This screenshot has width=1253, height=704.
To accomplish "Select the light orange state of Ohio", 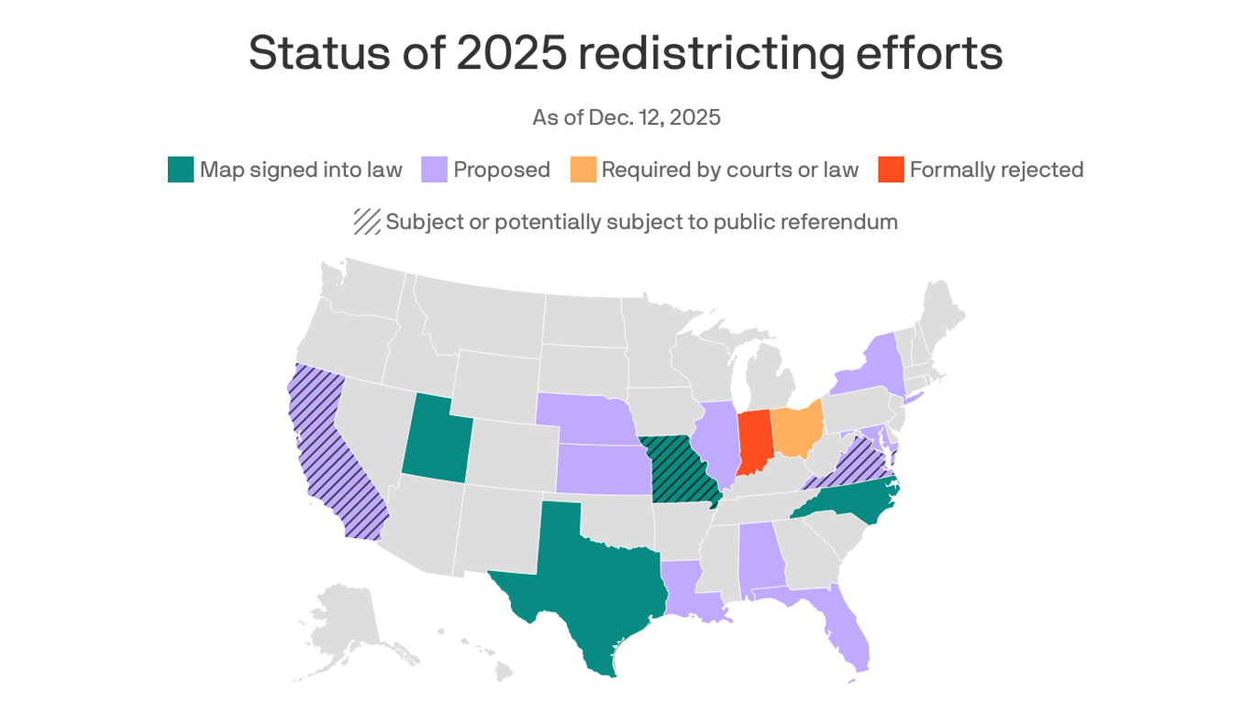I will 794,429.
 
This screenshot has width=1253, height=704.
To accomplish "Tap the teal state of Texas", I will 587,587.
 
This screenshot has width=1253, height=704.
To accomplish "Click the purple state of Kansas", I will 603,468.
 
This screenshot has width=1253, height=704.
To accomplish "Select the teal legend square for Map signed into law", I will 181,170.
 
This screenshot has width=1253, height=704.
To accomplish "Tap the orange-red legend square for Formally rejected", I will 891,170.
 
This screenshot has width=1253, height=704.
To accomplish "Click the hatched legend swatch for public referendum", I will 367,222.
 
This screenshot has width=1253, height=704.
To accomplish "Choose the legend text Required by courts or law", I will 729,170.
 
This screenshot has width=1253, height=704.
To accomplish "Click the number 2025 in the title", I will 511,52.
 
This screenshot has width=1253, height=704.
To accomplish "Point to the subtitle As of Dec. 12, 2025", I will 626,117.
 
